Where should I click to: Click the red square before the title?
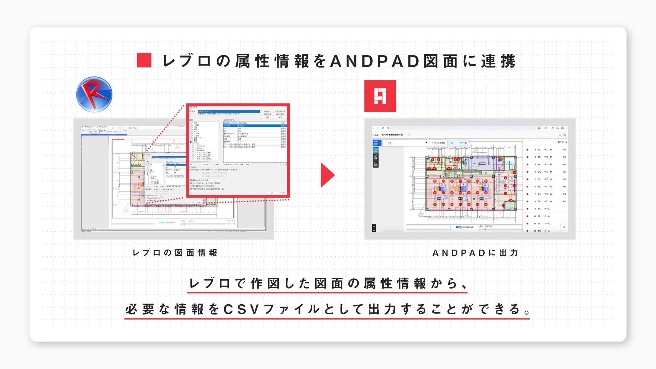point(144,60)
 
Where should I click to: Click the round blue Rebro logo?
point(94,94)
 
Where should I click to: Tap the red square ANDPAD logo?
point(380,96)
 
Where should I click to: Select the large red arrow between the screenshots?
point(327,175)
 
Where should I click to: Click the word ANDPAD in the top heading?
point(375,61)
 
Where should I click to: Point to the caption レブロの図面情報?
point(175,253)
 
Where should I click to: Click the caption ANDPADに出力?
point(475,253)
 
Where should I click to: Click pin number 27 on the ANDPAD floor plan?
point(435,181)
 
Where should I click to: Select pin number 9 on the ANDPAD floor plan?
point(505,178)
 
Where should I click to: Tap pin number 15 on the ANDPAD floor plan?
point(515,173)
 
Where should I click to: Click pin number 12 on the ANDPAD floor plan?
point(503,205)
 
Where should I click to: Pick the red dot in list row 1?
point(527,150)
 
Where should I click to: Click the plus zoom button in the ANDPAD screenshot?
point(374,226)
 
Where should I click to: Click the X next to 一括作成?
point(566,142)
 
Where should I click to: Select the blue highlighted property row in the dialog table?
point(255,126)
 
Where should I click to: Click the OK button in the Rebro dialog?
point(272,193)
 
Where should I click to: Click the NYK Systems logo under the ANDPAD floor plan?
point(464,227)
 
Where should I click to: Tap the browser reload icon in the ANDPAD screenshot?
point(383,128)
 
